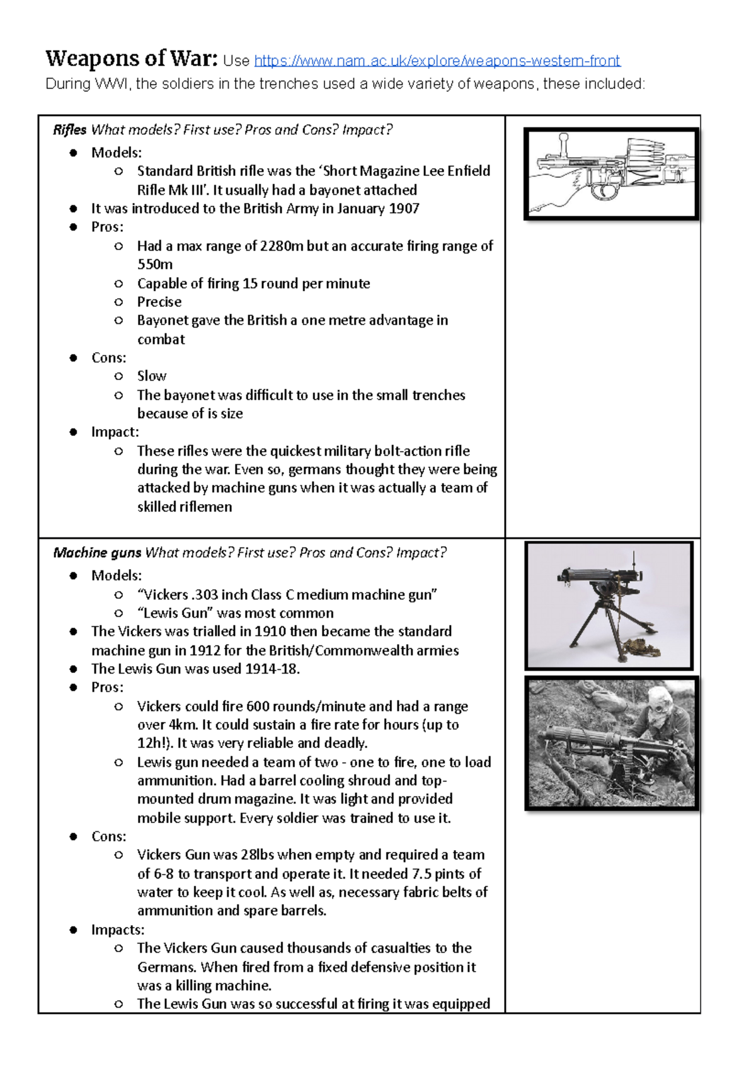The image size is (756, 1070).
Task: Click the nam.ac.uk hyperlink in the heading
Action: (x=437, y=60)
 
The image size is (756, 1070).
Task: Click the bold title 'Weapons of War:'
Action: (x=131, y=59)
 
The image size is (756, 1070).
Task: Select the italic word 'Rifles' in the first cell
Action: (x=69, y=130)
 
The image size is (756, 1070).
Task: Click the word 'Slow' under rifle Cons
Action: (x=152, y=376)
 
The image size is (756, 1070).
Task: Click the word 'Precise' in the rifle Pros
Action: (x=159, y=302)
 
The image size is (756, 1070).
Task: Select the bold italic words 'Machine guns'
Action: (x=97, y=553)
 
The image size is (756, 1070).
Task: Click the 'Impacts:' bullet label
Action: (x=118, y=930)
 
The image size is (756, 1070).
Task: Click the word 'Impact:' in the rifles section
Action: (x=115, y=432)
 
